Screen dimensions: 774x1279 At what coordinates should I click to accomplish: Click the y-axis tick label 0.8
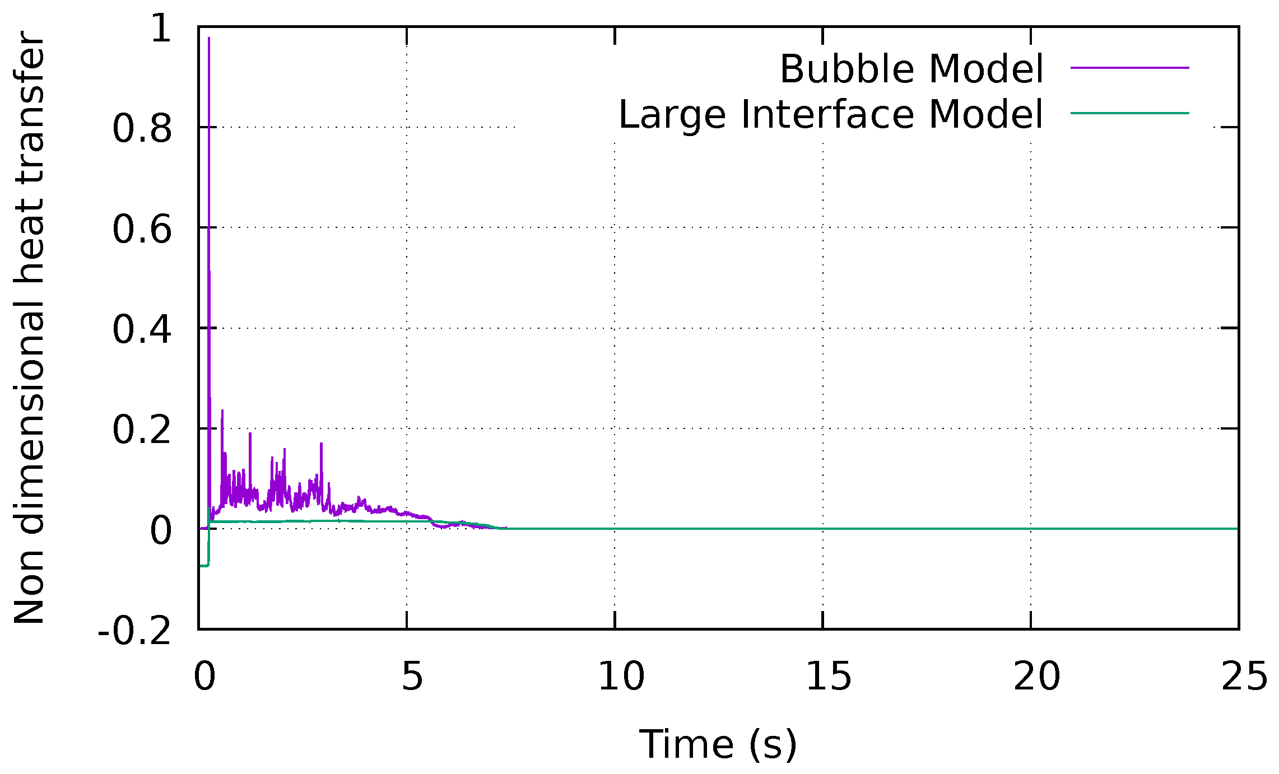tap(142, 129)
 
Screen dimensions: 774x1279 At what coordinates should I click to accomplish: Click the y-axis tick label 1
tap(161, 28)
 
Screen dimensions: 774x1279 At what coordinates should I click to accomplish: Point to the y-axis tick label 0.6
tap(142, 229)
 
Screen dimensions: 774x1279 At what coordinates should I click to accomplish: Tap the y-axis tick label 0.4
tap(142, 329)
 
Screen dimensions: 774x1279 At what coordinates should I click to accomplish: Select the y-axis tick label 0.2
tap(142, 430)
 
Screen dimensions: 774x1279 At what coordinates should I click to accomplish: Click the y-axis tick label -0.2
tap(134, 631)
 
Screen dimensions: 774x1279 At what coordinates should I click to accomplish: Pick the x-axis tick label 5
tap(412, 676)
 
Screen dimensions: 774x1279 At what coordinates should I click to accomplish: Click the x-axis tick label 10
tap(621, 676)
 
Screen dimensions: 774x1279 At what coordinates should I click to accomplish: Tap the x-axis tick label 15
tap(829, 676)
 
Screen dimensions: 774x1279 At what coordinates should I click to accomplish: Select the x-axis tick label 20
tap(1037, 676)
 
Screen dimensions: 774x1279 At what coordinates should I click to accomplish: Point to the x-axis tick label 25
tap(1244, 676)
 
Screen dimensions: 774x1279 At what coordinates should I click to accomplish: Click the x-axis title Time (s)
tap(718, 744)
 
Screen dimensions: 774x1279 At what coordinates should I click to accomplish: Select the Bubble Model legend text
tap(911, 69)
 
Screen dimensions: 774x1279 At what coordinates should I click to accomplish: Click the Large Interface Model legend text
tap(831, 114)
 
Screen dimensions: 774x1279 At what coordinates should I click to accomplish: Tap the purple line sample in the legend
tap(1129, 68)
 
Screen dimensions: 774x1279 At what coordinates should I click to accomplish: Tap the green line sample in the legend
tap(1129, 113)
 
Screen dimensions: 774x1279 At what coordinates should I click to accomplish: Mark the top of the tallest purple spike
tap(209, 38)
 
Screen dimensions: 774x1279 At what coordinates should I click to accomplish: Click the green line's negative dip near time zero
tap(203, 566)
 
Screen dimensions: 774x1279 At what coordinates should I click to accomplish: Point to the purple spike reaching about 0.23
tap(222, 411)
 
